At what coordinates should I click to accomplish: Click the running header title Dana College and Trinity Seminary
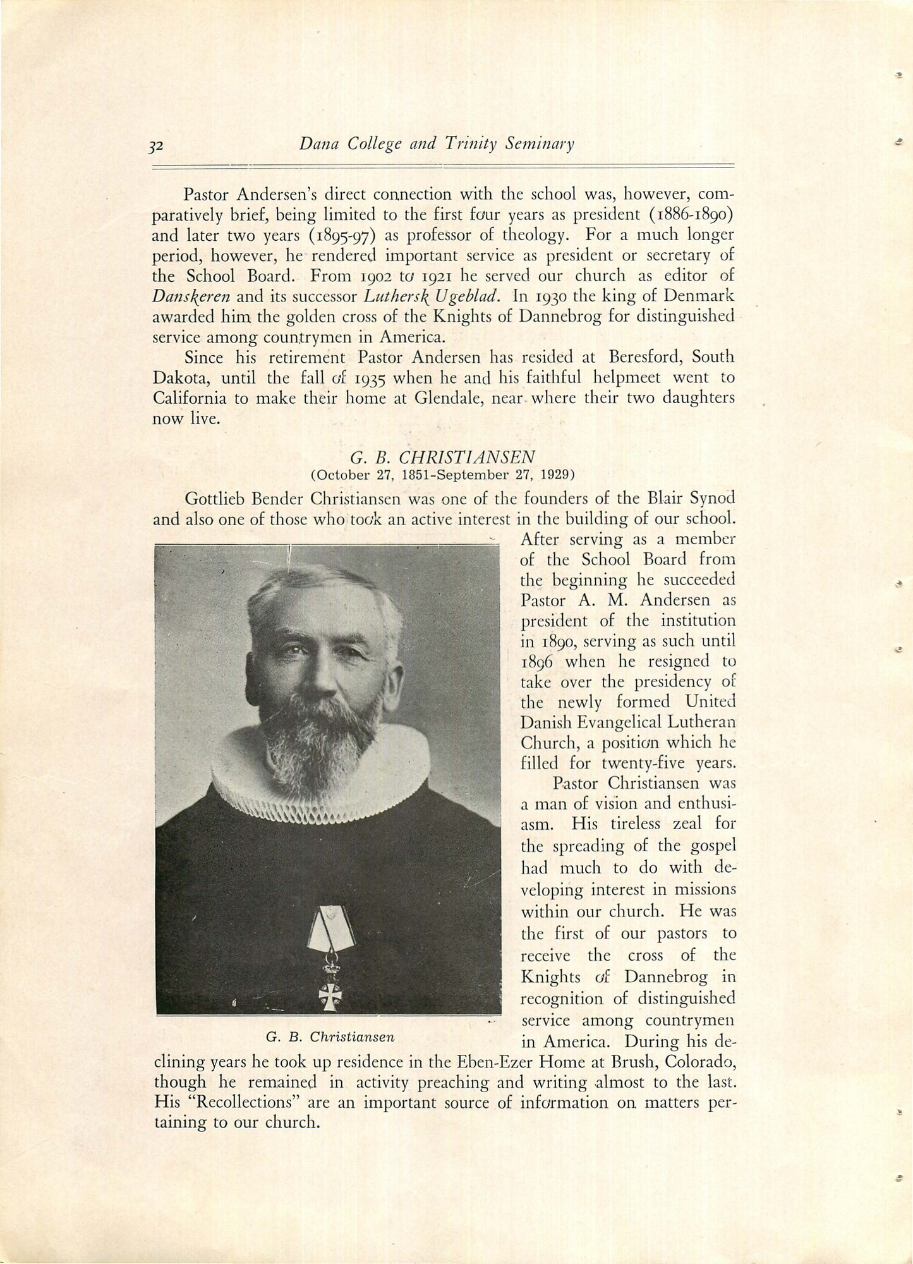437,145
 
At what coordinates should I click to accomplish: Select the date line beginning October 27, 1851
443,474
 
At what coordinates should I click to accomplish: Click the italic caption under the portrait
330,1036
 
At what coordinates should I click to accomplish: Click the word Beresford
632,357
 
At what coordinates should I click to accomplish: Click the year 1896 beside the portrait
537,662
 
